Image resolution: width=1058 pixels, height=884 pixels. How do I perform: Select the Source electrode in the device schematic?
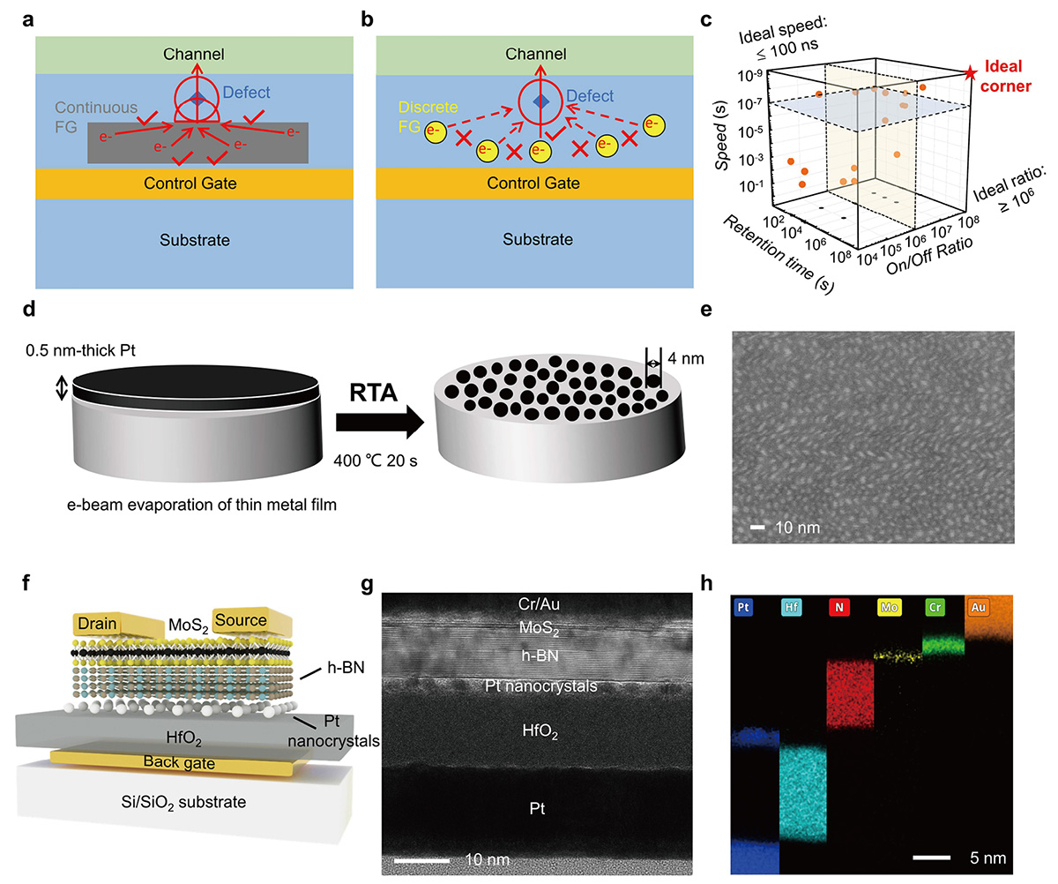[x=240, y=620]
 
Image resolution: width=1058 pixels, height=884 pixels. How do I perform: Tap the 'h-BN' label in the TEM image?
[x=540, y=656]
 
